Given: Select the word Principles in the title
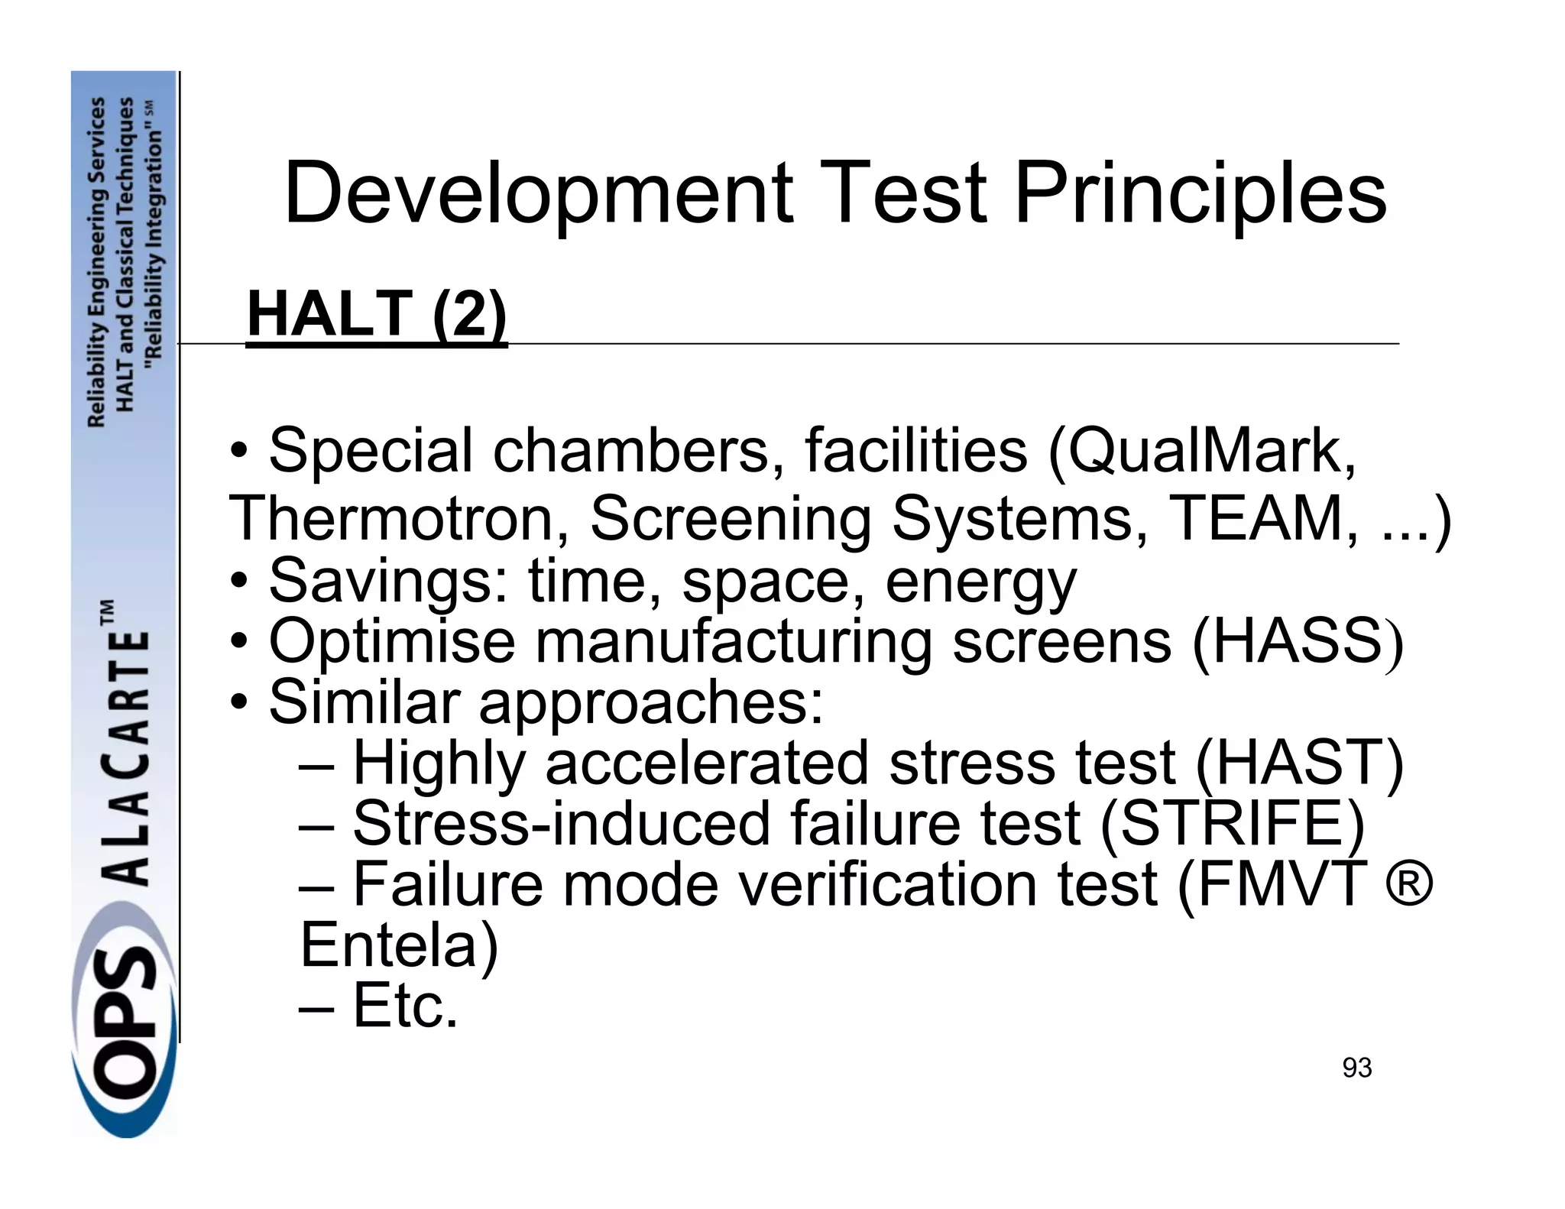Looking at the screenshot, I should tap(1199, 195).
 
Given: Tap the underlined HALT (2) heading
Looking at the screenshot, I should tap(377, 314).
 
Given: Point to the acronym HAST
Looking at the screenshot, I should tap(1299, 763).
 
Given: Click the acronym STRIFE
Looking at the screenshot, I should tap(1232, 823).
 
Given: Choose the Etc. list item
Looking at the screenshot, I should tap(404, 1006).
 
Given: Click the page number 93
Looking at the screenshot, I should tap(1357, 1068).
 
